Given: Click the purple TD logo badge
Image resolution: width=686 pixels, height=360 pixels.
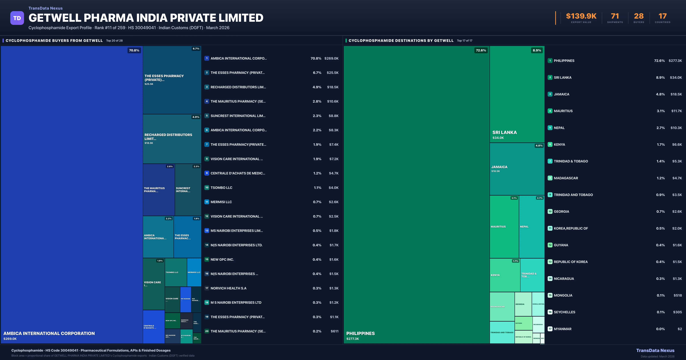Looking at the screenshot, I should click(17, 18).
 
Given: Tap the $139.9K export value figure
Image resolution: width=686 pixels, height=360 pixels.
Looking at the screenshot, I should click(581, 16).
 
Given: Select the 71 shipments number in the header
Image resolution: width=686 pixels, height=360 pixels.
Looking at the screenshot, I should click(615, 16).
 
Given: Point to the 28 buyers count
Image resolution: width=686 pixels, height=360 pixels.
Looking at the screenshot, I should click(639, 16).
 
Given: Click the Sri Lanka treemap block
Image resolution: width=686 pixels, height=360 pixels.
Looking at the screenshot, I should click(517, 94).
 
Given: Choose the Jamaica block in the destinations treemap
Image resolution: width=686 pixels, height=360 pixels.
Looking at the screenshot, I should click(517, 169).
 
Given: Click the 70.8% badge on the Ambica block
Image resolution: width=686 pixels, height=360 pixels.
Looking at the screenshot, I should click(134, 50).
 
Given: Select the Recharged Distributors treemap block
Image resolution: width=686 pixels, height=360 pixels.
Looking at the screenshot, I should click(172, 139).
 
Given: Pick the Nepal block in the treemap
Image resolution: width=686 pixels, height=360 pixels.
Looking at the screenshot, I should click(532, 227).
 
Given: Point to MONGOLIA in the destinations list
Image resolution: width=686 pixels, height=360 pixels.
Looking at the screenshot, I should click(563, 295).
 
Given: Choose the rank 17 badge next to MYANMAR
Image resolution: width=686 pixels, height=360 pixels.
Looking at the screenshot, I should click(550, 329).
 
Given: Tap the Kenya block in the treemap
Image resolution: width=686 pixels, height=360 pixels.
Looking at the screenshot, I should click(505, 275).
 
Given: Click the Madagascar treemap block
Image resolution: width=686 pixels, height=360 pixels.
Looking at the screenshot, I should click(502, 306).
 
